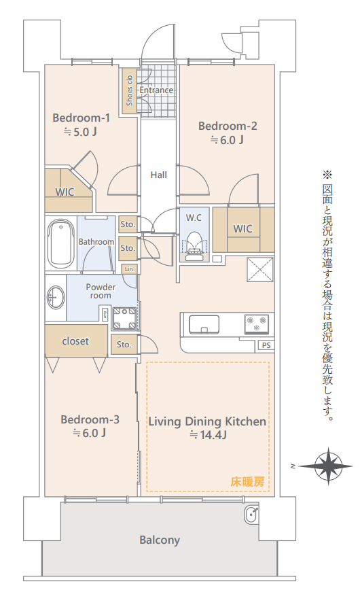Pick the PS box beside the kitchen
point(266,345)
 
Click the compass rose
point(328,466)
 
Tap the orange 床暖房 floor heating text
point(247,482)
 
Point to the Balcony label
point(160,540)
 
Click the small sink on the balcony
point(251,515)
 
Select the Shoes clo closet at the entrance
point(130,90)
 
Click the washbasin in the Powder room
point(56,298)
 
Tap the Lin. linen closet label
point(130,268)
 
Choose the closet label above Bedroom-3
point(75,341)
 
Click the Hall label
point(159,175)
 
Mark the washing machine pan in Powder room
point(124,319)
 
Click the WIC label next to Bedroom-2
point(243,229)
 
